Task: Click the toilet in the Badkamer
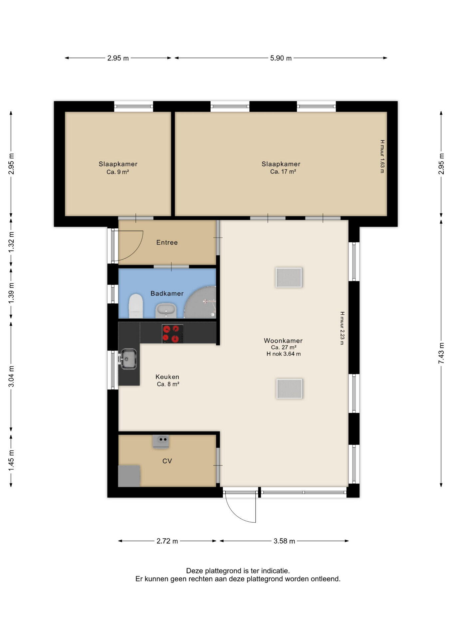point(136,306)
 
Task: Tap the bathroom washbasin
point(166,311)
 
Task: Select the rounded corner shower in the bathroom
point(201,302)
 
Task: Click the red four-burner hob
point(173,334)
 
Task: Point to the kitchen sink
point(128,359)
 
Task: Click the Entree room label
point(167,243)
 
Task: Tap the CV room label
point(167,461)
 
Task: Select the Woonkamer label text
point(283,341)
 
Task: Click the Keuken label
point(167,377)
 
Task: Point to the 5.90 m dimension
point(281,58)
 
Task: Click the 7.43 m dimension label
point(441,353)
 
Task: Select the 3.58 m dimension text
point(284,541)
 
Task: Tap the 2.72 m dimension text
point(167,541)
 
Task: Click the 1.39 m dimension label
point(11,292)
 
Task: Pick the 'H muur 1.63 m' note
point(382,156)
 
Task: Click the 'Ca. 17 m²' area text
point(283,172)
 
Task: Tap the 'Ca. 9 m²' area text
point(118,172)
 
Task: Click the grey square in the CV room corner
point(129,476)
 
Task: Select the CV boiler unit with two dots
point(161,441)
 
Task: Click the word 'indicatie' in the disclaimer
point(275,571)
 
